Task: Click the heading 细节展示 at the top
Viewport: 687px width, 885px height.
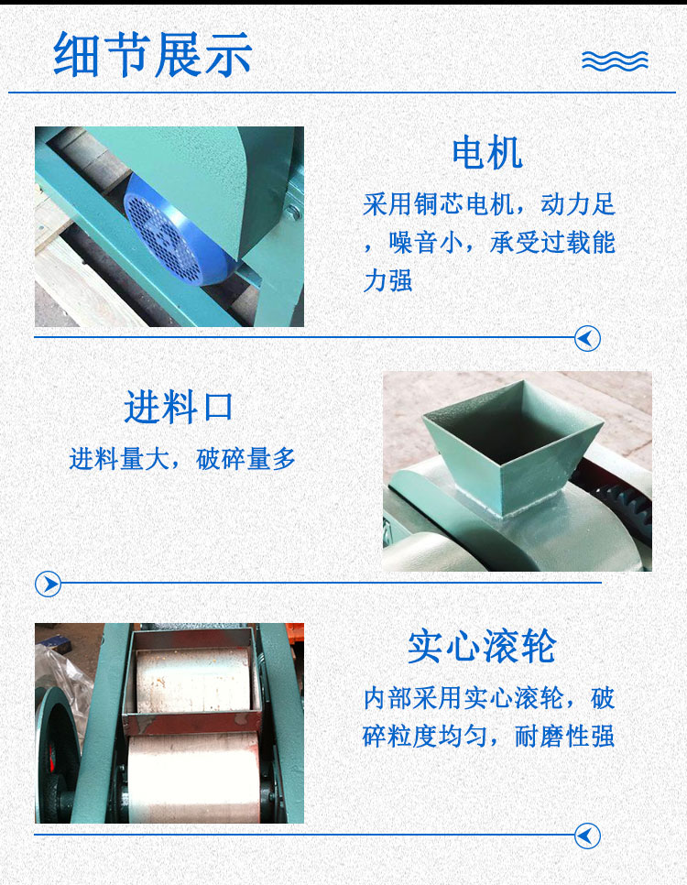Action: click(152, 54)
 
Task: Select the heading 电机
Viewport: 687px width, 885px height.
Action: click(487, 152)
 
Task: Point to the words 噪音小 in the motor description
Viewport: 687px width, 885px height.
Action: click(426, 243)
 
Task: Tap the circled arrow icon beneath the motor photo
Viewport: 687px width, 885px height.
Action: click(587, 339)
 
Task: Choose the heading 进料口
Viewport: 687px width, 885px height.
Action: click(179, 407)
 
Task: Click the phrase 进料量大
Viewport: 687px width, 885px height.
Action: click(119, 459)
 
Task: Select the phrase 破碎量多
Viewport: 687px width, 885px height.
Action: click(245, 459)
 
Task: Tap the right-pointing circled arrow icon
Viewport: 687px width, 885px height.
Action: click(48, 584)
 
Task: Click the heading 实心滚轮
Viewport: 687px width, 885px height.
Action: click(482, 647)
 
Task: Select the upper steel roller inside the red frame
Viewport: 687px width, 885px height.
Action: click(192, 680)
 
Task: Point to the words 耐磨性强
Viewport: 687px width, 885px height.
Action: click(564, 737)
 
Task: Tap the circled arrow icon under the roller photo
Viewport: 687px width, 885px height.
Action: click(587, 836)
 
